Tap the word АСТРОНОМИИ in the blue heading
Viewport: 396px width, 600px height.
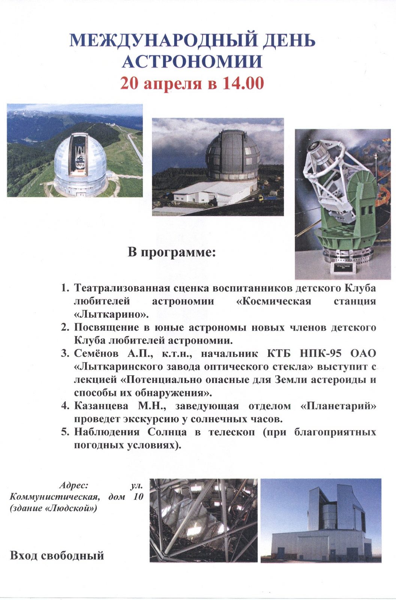tap(192, 61)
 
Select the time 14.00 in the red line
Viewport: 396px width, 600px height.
tap(243, 83)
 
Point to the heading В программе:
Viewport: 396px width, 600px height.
tap(172, 252)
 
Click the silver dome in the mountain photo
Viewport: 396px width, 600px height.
tap(80, 159)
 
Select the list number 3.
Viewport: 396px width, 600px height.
tap(65, 354)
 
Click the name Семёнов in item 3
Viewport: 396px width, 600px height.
tap(96, 353)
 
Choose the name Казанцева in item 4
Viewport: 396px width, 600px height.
tap(101, 406)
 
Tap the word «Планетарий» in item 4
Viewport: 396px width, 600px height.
tap(338, 406)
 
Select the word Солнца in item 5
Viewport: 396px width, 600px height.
tap(167, 432)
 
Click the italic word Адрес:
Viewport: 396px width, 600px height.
tap(74, 485)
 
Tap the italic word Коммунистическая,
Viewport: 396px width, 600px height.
tap(55, 497)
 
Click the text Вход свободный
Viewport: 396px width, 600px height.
tap(57, 555)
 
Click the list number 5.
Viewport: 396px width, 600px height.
tap(65, 432)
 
